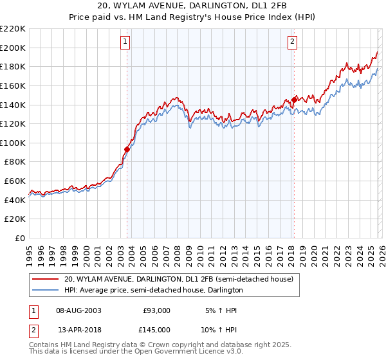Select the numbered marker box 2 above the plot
point(292,42)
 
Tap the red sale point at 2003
point(127,149)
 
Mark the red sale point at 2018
point(294,100)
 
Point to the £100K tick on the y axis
point(13,143)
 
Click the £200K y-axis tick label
point(13,48)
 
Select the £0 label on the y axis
point(19,238)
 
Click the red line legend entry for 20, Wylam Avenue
point(178,279)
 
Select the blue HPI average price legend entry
point(153,290)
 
